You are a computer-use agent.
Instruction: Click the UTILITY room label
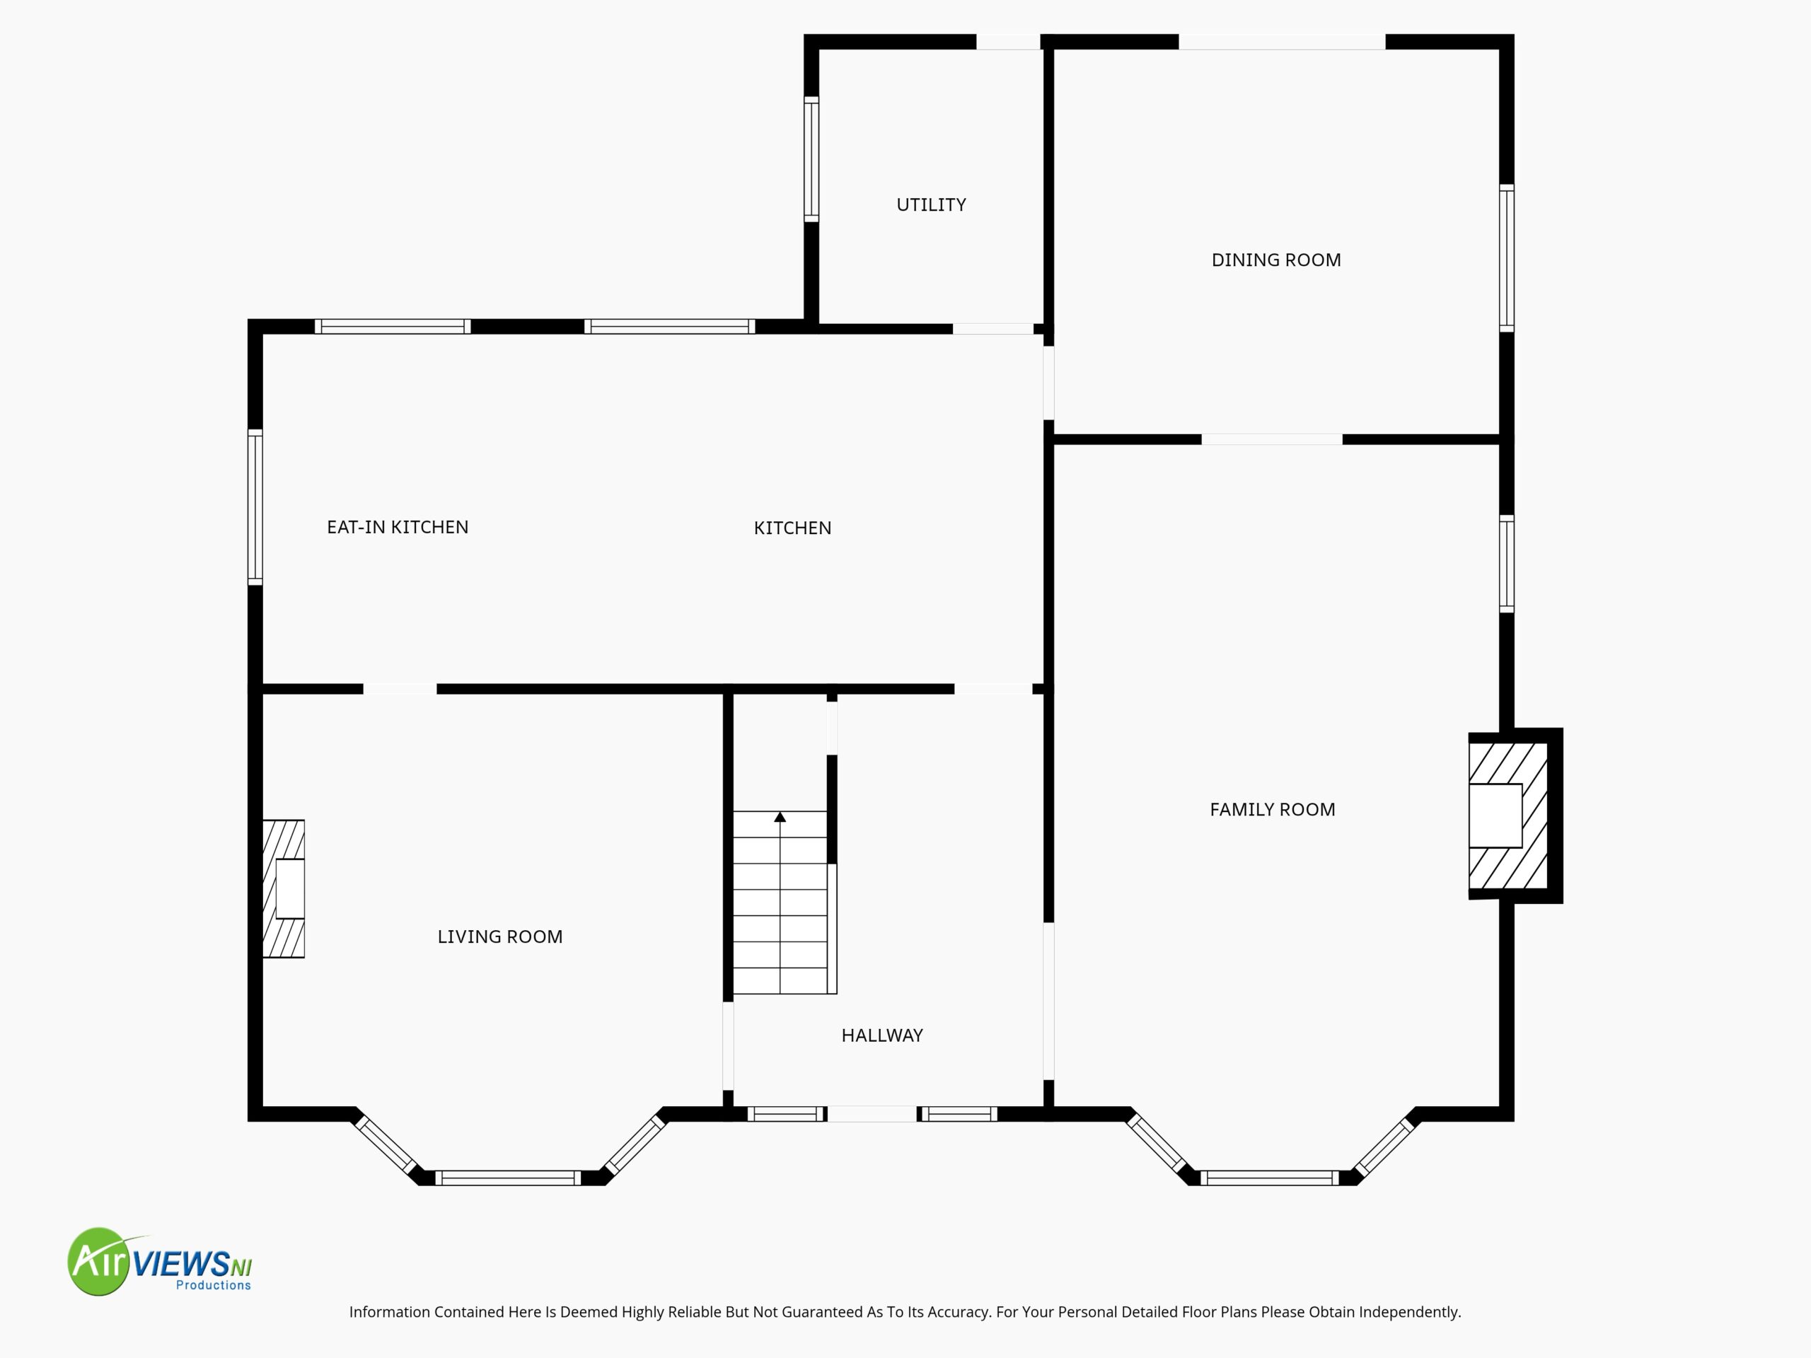pyautogui.click(x=931, y=204)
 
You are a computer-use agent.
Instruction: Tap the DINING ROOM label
pyautogui.click(x=1275, y=260)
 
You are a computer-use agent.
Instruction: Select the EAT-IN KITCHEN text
pyautogui.click(x=397, y=527)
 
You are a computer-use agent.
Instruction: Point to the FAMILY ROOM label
pyautogui.click(x=1272, y=810)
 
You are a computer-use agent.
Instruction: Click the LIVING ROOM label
pyautogui.click(x=499, y=936)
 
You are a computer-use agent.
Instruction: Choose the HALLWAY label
pyautogui.click(x=881, y=1035)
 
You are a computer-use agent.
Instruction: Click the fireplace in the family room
pyautogui.click(x=1515, y=816)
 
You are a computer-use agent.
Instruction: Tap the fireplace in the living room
pyautogui.click(x=283, y=889)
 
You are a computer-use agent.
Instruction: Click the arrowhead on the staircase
pyautogui.click(x=780, y=817)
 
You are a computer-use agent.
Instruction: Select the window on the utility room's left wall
pyautogui.click(x=811, y=159)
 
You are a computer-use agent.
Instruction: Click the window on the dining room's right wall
pyautogui.click(x=1506, y=258)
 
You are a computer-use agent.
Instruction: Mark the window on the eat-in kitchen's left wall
pyautogui.click(x=255, y=506)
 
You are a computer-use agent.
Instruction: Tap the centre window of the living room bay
pyautogui.click(x=508, y=1178)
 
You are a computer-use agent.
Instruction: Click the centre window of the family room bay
pyautogui.click(x=1270, y=1178)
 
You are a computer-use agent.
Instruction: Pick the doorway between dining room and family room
pyautogui.click(x=1271, y=439)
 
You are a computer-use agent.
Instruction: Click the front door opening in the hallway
pyautogui.click(x=872, y=1113)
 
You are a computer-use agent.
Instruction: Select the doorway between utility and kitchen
pyautogui.click(x=993, y=329)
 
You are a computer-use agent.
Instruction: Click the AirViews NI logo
pyautogui.click(x=160, y=1261)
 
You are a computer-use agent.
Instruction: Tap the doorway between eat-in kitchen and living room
pyautogui.click(x=400, y=689)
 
